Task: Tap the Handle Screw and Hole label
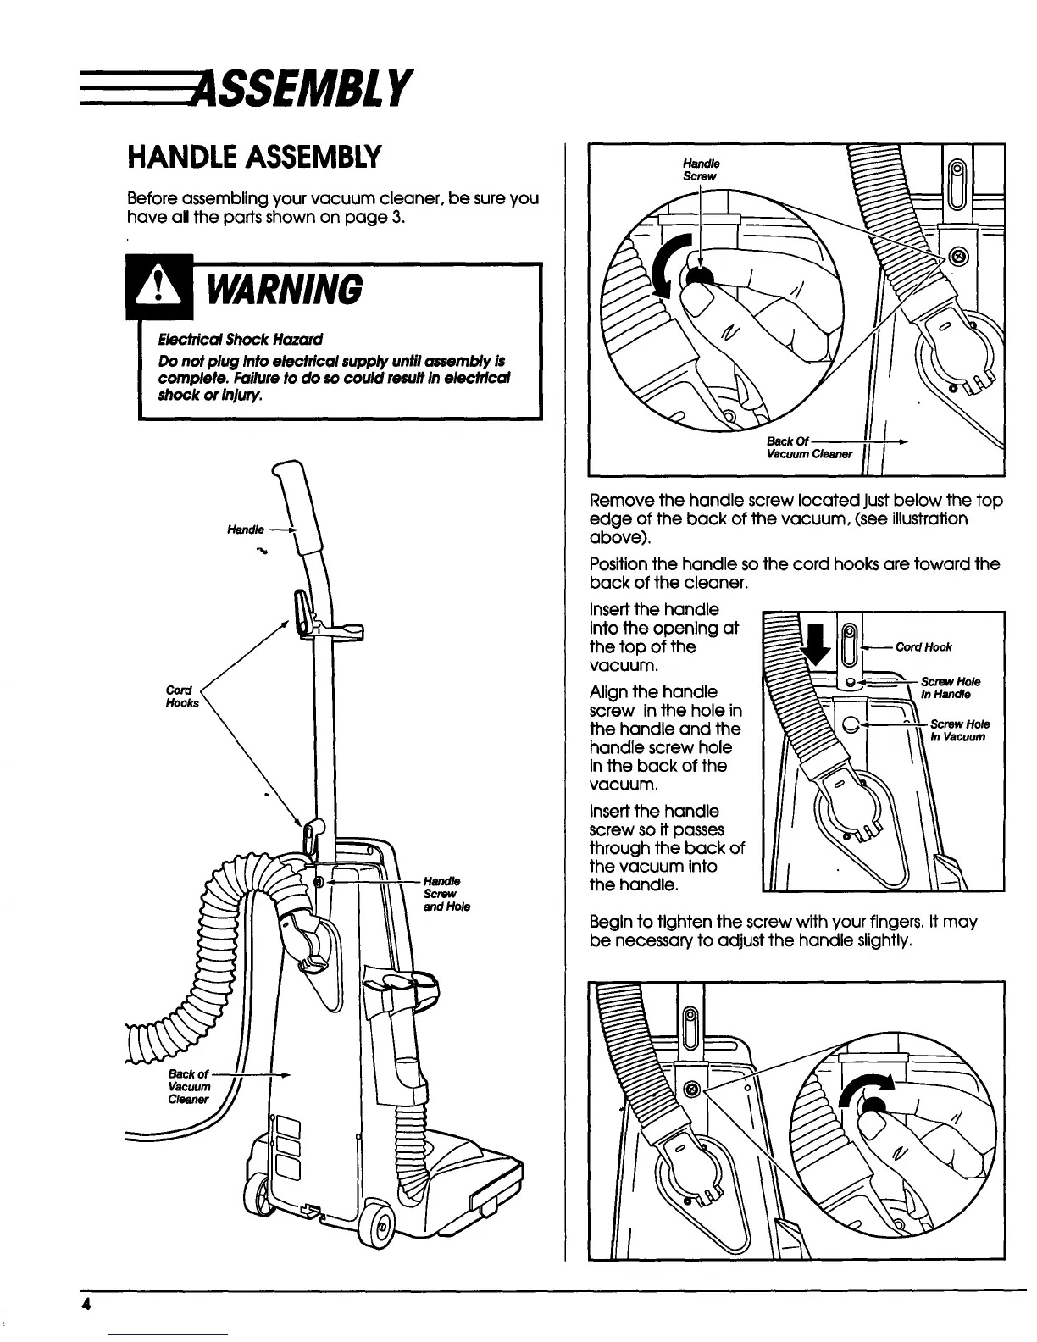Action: [x=441, y=894]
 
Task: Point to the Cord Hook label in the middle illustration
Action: [x=925, y=647]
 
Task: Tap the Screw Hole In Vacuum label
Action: [x=958, y=730]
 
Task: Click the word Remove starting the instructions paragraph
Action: [x=618, y=501]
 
